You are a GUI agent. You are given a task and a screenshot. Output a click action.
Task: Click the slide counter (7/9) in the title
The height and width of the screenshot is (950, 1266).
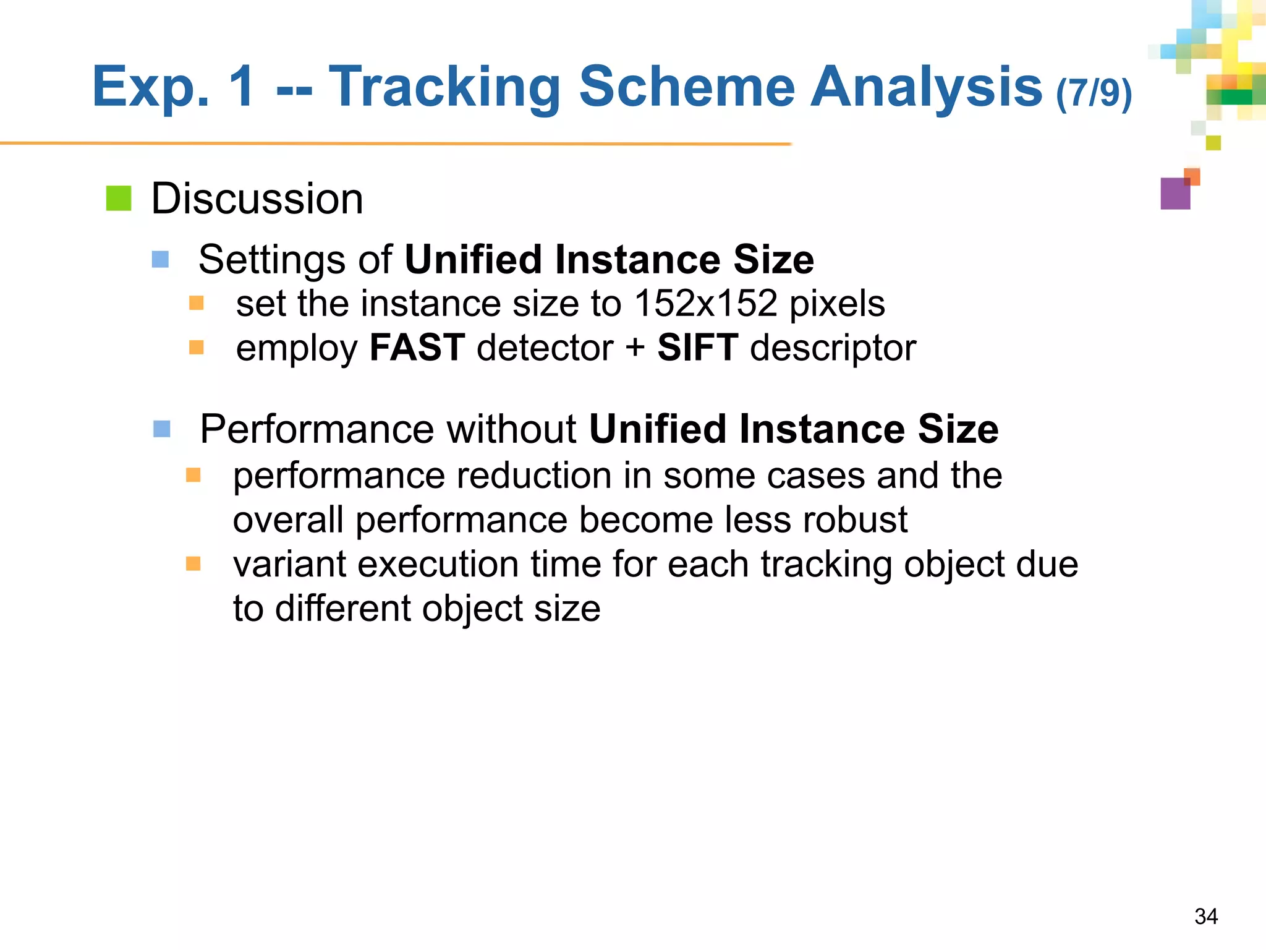1094,93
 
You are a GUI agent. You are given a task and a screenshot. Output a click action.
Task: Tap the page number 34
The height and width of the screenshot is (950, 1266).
1206,916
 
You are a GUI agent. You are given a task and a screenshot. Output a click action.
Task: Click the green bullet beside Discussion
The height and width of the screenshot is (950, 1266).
119,199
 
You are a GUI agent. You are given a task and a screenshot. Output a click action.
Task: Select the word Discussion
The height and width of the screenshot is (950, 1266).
257,199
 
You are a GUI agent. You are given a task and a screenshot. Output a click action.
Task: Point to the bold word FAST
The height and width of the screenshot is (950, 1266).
417,348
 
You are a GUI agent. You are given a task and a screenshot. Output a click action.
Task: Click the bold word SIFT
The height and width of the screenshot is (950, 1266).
697,348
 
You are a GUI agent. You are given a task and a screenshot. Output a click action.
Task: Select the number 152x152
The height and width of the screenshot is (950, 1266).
705,304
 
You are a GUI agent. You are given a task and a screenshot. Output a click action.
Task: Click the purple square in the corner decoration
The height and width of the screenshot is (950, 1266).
1175,194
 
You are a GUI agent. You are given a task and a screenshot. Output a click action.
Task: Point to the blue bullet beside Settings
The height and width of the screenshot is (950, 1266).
161,259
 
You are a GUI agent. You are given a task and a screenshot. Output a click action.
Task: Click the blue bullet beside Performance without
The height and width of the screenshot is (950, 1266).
162,429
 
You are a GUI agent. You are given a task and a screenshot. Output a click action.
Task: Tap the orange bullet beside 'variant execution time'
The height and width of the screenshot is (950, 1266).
193,563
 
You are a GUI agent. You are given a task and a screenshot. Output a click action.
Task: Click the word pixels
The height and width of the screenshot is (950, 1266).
837,304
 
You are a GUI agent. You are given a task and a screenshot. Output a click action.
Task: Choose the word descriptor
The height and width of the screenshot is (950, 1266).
833,348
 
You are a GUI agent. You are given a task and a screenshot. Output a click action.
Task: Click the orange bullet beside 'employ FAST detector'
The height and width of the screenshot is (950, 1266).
197,348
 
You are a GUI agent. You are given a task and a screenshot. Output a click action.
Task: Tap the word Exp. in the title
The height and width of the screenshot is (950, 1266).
150,88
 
